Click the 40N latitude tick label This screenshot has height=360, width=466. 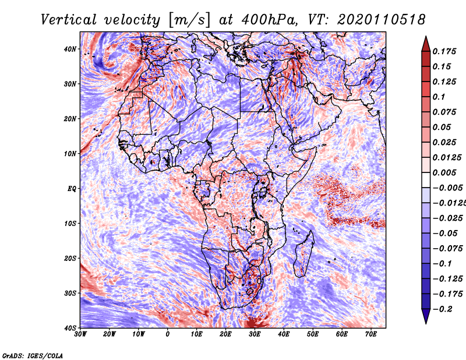(x=70, y=49)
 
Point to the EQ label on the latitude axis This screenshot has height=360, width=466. (x=72, y=189)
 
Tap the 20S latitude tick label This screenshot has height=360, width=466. (x=70, y=258)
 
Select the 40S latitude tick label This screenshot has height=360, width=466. (x=70, y=328)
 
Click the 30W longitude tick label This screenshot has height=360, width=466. (x=80, y=334)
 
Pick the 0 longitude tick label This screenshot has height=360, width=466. (x=168, y=334)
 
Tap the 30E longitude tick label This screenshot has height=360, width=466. (x=255, y=334)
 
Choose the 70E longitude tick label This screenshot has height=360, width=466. (x=371, y=334)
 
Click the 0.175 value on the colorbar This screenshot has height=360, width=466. (x=444, y=51)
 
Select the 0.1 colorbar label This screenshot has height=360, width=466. (x=439, y=97)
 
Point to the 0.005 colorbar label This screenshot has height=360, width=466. (x=444, y=172)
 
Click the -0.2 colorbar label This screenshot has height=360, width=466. (x=442, y=309)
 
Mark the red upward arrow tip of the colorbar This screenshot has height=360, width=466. (x=426, y=37)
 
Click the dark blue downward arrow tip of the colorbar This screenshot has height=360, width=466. (x=426, y=323)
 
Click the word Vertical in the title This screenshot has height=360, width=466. (x=69, y=20)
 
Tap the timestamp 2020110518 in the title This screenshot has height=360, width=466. (x=382, y=20)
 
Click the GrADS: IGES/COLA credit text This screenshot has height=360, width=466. (x=33, y=356)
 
